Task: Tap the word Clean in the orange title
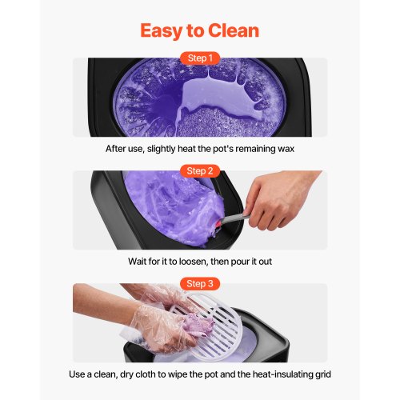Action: pos(234,30)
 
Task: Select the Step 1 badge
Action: pos(200,58)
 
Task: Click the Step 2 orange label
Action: pos(200,171)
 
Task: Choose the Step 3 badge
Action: pos(200,284)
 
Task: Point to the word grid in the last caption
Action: pos(323,374)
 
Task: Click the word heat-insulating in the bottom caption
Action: pos(282,374)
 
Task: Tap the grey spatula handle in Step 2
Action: pos(234,219)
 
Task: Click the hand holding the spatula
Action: pos(278,199)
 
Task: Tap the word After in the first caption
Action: pos(115,149)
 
